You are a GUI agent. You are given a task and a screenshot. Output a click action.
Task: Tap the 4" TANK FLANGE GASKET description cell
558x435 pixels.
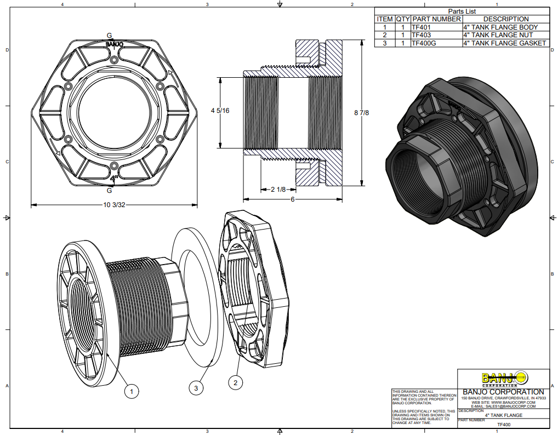[504, 43]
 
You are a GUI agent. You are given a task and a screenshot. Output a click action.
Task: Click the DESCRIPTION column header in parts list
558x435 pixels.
[505, 19]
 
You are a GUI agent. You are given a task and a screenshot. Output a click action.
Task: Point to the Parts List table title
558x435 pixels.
[462, 11]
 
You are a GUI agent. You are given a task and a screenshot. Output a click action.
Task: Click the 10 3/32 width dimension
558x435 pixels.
[114, 205]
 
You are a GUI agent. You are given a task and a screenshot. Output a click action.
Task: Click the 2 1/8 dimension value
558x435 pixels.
[278, 190]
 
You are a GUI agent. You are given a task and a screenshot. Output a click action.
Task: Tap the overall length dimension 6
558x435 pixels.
[292, 199]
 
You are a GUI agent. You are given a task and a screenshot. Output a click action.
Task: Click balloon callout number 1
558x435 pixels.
[131, 391]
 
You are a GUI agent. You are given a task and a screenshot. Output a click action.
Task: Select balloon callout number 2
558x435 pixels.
[235, 382]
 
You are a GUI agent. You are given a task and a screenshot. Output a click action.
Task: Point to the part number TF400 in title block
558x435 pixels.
[503, 425]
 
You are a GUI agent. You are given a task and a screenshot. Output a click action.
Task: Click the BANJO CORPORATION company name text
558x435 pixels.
[503, 392]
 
